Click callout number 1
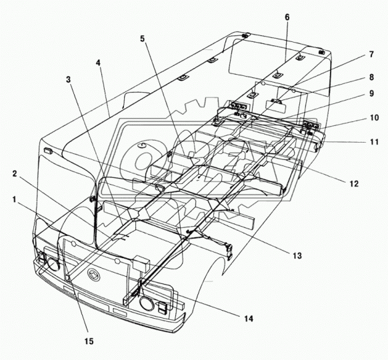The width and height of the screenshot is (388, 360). [15, 199]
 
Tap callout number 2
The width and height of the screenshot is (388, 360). [15, 174]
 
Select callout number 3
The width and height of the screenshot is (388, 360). [68, 79]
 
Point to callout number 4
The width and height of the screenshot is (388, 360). [99, 63]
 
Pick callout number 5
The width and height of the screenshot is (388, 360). [142, 39]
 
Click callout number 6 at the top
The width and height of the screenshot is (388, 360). [287, 17]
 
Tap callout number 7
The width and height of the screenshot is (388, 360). [371, 55]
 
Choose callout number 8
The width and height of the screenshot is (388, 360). [371, 77]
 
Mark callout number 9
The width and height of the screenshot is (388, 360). [371, 93]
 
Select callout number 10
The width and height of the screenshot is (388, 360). [375, 118]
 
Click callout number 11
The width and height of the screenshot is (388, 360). [375, 142]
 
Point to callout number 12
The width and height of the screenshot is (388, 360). [354, 183]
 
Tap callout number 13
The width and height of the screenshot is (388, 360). [297, 255]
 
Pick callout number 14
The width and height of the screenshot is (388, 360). [249, 319]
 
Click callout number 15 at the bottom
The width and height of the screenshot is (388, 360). [89, 341]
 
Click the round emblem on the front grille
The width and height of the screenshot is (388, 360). [93, 275]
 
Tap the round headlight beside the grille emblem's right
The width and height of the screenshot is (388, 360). [147, 303]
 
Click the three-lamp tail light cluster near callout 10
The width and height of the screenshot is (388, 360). [310, 123]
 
